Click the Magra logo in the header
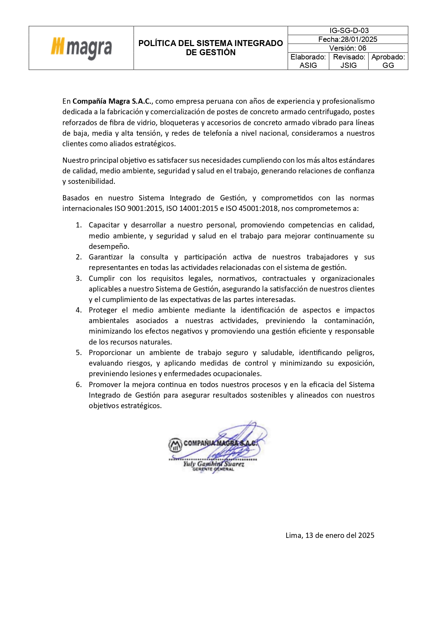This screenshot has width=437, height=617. [81, 48]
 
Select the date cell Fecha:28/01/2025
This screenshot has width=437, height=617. [348, 39]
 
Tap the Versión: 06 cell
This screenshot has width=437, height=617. [348, 48]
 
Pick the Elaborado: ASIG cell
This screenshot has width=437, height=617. [308, 61]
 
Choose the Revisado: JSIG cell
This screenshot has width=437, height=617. [349, 61]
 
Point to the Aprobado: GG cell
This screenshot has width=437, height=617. [388, 61]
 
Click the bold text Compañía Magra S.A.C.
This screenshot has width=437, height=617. [112, 102]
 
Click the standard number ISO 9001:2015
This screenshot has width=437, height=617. [138, 208]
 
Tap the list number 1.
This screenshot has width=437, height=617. [79, 225]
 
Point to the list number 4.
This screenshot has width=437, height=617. [79, 310]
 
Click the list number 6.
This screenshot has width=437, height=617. [79, 385]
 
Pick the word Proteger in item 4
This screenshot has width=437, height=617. [103, 310]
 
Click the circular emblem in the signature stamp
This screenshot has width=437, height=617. [175, 445]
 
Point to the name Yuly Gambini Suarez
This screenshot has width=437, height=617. [213, 464]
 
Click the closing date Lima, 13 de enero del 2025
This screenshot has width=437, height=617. [330, 535]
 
